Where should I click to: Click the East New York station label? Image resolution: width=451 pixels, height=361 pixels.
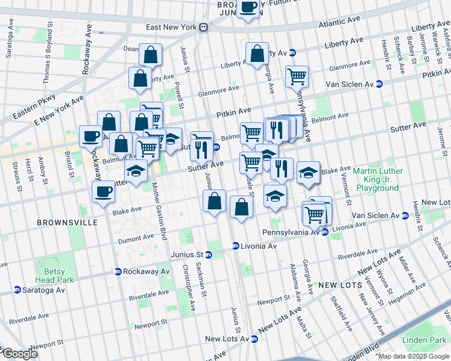(x=173, y=28)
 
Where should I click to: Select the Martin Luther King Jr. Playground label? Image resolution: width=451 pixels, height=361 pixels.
(x=384, y=179)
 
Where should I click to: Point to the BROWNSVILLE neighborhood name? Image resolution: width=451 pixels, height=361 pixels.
(x=67, y=223)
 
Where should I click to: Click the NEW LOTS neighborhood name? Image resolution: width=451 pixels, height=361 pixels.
(x=339, y=284)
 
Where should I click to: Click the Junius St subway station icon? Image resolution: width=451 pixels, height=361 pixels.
(x=209, y=255)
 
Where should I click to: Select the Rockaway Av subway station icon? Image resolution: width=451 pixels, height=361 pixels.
(x=118, y=271)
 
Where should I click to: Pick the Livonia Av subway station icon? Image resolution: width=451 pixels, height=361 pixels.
(x=236, y=246)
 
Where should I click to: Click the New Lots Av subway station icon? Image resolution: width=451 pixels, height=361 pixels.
(x=254, y=339)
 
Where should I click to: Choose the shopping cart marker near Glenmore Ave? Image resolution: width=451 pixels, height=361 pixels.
(x=297, y=76)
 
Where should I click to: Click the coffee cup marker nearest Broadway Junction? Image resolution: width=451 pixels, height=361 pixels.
(x=248, y=8)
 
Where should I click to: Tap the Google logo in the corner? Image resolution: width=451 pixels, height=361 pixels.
(x=19, y=354)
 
